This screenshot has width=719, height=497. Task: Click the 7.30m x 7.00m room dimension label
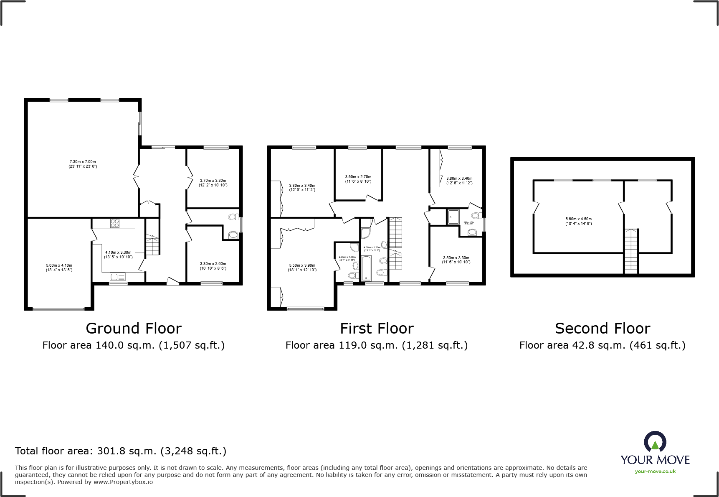[x=83, y=164]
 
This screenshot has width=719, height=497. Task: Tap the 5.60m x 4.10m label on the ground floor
[x=59, y=268]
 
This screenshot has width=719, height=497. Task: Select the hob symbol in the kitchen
[x=115, y=223]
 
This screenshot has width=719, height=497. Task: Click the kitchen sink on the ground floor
[x=118, y=276]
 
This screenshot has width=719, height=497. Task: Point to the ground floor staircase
[x=152, y=245]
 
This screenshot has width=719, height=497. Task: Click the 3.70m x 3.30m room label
[x=213, y=183]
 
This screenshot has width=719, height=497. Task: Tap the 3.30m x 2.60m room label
[x=213, y=266]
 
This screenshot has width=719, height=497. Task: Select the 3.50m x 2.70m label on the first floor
[x=358, y=179]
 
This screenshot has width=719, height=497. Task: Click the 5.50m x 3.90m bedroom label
[x=302, y=268]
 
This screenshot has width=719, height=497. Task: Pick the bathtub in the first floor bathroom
[x=366, y=268]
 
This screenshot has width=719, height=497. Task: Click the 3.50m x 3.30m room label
[x=456, y=260]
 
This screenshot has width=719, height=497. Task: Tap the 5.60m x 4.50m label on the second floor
[x=578, y=221]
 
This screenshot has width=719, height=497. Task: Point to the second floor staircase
[x=631, y=251]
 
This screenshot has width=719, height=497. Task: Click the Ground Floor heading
[x=134, y=329]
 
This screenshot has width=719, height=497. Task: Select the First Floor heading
[x=377, y=329]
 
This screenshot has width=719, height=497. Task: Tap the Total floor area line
[x=121, y=451]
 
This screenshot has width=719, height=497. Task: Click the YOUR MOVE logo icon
[x=655, y=441]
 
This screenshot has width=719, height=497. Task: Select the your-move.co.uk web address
[x=655, y=472]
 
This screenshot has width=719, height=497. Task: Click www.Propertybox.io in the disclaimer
[x=123, y=482]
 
